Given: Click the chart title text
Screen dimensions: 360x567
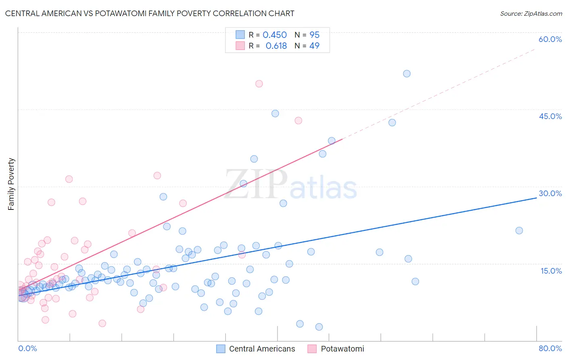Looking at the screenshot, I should click(x=150, y=13).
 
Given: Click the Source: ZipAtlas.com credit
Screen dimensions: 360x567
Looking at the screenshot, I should click(x=531, y=13).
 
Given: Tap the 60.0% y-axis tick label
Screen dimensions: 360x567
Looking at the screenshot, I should click(x=550, y=39).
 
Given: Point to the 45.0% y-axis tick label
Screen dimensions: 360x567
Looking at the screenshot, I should click(x=550, y=116).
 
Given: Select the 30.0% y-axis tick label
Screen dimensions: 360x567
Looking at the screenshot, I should click(x=550, y=193).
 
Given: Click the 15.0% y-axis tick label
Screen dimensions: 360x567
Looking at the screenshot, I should click(x=551, y=270).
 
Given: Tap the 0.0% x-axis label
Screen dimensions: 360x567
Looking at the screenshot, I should click(x=27, y=348).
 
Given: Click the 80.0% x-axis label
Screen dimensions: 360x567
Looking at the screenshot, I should click(x=550, y=348).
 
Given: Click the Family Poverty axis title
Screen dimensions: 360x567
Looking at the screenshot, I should click(x=11, y=184).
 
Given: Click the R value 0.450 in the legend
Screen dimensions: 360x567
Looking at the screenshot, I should click(x=275, y=35).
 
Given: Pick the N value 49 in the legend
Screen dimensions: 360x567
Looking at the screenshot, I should click(x=314, y=46).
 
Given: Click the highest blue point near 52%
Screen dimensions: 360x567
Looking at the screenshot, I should click(x=406, y=73).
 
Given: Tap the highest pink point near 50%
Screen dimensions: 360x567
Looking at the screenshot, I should click(x=259, y=84).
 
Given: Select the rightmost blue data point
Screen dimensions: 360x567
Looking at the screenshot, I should click(x=519, y=230).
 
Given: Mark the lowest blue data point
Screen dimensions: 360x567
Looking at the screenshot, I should click(x=319, y=327).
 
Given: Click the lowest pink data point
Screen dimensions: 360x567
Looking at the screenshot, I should click(x=102, y=323).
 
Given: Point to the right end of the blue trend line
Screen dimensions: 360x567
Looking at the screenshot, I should click(x=537, y=198).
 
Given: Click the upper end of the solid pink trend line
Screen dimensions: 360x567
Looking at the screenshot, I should click(x=342, y=139).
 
